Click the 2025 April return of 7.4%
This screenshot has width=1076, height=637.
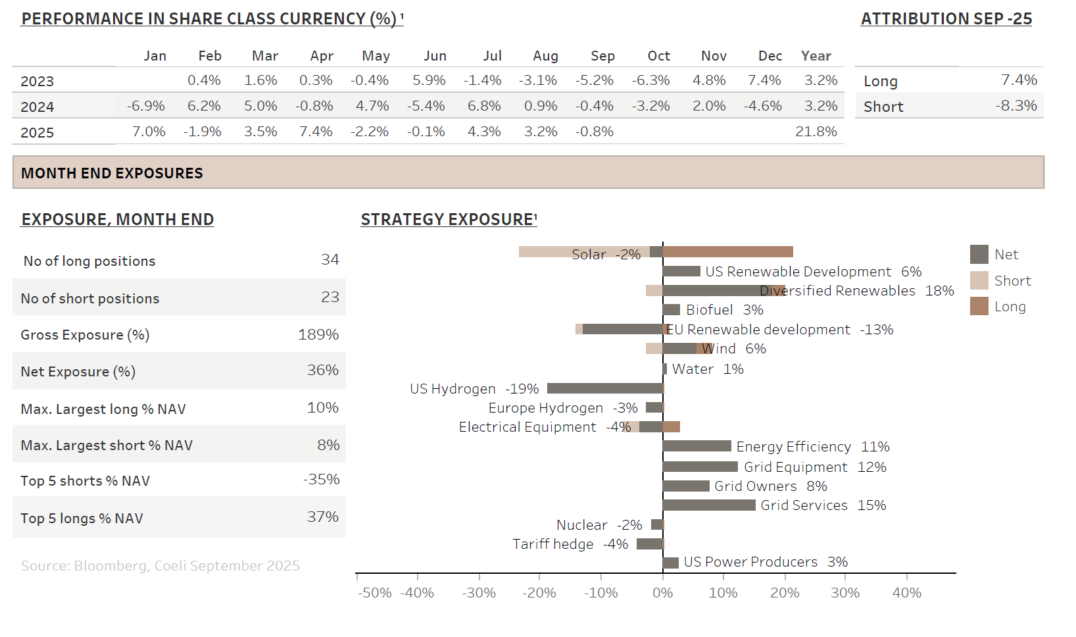pos(316,132)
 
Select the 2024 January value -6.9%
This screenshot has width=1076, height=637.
pos(146,106)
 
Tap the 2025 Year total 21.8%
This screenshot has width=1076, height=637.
pos(816,132)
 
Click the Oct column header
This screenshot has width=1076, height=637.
pos(658,56)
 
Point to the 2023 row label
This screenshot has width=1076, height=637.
pos(37,81)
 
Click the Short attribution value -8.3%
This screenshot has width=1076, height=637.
pos(1016,106)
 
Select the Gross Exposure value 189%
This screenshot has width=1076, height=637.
pos(318,334)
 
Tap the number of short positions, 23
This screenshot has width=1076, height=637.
pos(330,297)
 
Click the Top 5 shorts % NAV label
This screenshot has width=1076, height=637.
pos(86,481)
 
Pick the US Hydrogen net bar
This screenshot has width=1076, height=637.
pos(605,388)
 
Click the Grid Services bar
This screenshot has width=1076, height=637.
pos(709,505)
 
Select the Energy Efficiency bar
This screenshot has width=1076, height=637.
pos(697,446)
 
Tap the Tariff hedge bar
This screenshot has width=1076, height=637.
pos(650,544)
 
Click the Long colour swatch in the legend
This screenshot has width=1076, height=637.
pos(979,306)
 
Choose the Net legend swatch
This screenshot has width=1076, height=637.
pos(979,254)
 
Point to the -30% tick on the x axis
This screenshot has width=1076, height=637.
pos(479,592)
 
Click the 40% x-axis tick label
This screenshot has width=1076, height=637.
pos(906,592)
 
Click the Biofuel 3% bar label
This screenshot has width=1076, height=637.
pos(724,310)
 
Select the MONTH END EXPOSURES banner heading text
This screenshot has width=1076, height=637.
pos(112,173)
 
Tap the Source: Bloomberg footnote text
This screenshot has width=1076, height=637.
pos(160,566)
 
